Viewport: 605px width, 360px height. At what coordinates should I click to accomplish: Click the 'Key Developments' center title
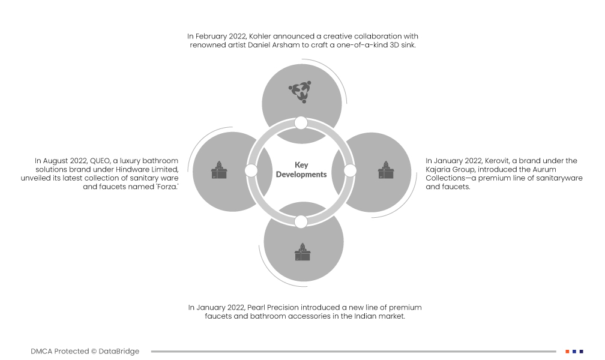pyautogui.click(x=301, y=169)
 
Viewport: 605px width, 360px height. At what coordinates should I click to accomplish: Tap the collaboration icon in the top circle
pyautogui.click(x=300, y=92)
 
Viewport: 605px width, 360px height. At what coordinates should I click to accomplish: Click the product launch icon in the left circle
pyautogui.click(x=219, y=170)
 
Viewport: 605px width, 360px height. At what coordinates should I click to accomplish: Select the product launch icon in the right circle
pyautogui.click(x=386, y=170)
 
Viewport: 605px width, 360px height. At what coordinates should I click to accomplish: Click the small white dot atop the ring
pyautogui.click(x=301, y=123)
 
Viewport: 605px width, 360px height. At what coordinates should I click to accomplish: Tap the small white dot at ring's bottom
pyautogui.click(x=301, y=222)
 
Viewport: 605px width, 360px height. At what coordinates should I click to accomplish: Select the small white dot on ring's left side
pyautogui.click(x=251, y=170)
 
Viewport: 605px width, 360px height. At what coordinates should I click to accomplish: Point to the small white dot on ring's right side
pyautogui.click(x=350, y=170)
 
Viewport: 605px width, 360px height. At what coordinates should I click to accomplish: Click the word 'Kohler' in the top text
pyautogui.click(x=260, y=36)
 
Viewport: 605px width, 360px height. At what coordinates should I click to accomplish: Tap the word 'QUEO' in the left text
pyautogui.click(x=100, y=161)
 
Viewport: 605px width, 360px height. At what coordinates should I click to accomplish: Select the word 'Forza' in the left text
pyautogui.click(x=167, y=187)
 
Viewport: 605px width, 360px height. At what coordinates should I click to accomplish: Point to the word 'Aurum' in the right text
pyautogui.click(x=544, y=169)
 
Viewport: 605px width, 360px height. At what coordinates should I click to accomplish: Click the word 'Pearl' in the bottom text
pyautogui.click(x=256, y=308)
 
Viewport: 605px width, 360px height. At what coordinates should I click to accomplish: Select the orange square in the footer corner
pyautogui.click(x=567, y=352)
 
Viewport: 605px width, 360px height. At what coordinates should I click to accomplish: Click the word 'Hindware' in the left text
pyautogui.click(x=132, y=169)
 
